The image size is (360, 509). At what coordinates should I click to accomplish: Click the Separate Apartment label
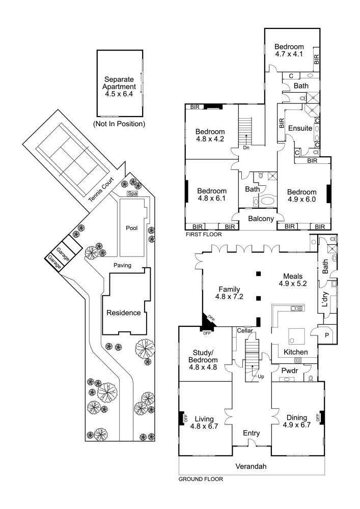point(119,87)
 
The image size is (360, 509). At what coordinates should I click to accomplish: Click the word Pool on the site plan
point(132,228)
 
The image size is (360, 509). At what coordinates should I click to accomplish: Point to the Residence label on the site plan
point(123,313)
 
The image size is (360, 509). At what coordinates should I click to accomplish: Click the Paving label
point(123,265)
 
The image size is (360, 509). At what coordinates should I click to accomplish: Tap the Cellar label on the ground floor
point(245,330)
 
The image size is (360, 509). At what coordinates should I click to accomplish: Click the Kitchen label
point(295,352)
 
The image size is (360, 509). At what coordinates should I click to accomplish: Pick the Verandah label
point(252,466)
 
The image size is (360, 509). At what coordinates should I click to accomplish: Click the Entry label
point(252,433)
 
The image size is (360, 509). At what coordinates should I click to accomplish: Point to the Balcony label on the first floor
point(262,219)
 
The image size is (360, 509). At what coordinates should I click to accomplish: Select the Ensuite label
point(300,128)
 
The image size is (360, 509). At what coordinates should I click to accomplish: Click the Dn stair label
point(246,148)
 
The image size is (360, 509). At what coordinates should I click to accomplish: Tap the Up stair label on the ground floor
point(260,377)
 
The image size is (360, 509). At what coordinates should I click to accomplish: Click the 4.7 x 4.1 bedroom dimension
point(289,53)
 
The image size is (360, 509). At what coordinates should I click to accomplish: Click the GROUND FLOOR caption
point(201,479)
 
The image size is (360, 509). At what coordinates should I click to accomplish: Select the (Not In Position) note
point(119,124)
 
